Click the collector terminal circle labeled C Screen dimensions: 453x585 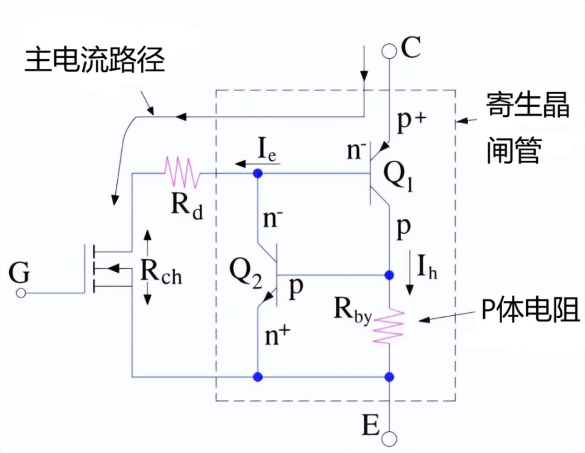[389, 51]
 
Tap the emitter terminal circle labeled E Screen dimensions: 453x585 [389, 438]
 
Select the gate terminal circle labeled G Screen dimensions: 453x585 [21, 293]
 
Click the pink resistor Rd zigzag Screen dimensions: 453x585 [179, 173]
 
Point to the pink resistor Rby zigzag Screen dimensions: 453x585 [389, 327]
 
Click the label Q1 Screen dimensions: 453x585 [399, 177]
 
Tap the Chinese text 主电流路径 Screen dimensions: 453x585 [94, 62]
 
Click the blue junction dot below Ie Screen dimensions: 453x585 [258, 174]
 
